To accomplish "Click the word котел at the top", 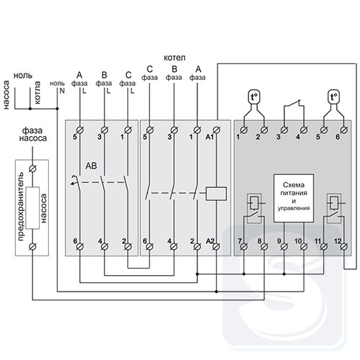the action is tap(174, 58).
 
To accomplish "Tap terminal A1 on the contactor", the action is tap(217, 130).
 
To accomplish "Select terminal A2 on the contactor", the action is tap(217, 246).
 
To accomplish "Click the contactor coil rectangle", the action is tap(216, 194).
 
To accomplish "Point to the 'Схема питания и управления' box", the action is tap(294, 198).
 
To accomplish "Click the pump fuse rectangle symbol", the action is tap(32, 208).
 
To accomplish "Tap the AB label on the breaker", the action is tap(91, 166).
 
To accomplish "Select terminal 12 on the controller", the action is tap(344, 246).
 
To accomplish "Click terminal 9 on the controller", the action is tap(284, 246).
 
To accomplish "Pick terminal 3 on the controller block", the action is tap(284, 130).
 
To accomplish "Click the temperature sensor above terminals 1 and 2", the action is tap(254, 97).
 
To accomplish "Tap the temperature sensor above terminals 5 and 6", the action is tap(334, 97).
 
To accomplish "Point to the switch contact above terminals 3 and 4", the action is tap(294, 104).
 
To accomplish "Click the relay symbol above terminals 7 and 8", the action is tap(254, 208).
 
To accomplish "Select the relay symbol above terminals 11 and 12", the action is tap(334, 208).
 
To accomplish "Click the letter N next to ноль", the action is tap(62, 91).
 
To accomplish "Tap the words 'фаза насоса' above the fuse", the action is tap(33, 135).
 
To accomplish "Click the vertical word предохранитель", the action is tap(21, 207).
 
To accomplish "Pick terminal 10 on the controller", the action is tap(304, 246).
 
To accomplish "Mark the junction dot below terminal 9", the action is tap(284, 274).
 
